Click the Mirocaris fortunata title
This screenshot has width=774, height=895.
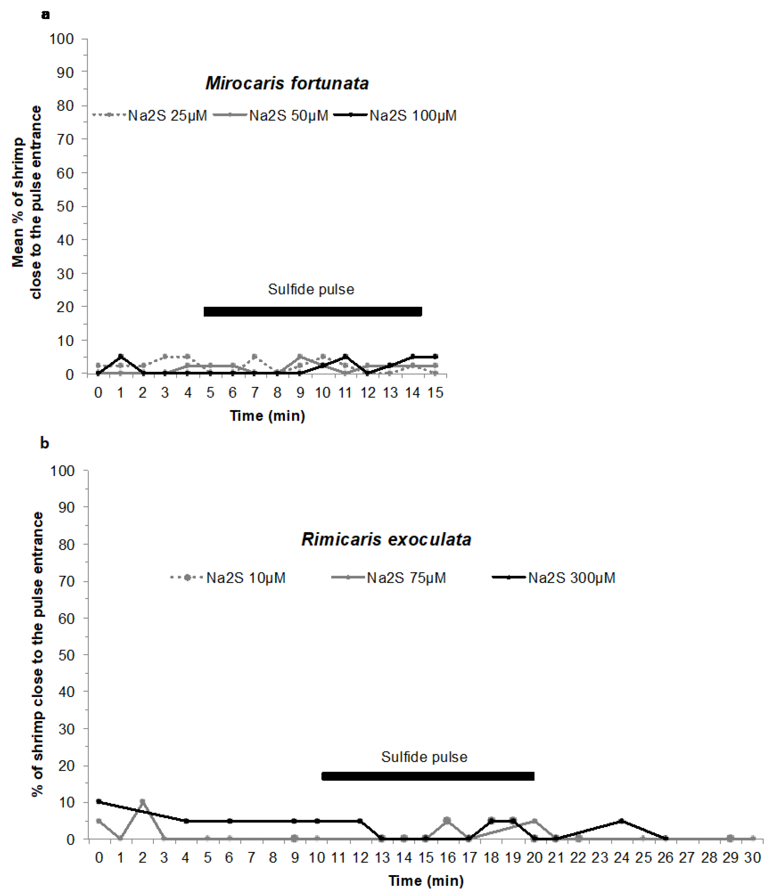[287, 83]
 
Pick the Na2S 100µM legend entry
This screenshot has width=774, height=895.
[412, 116]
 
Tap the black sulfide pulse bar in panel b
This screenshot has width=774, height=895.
[427, 776]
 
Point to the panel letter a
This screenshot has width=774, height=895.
[45, 15]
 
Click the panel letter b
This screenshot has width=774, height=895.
[44, 443]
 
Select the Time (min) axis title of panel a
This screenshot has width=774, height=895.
[267, 416]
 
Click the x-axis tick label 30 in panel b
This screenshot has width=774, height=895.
[752, 857]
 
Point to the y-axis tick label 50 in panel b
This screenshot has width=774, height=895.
[66, 655]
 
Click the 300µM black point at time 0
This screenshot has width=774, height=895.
[99, 802]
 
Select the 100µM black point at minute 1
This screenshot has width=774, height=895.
[121, 356]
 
